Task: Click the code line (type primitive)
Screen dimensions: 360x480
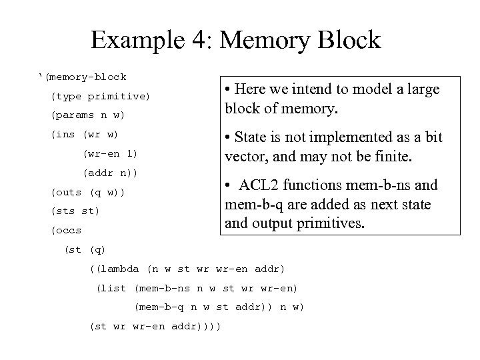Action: point(101,97)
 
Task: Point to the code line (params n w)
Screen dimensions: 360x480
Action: point(88,115)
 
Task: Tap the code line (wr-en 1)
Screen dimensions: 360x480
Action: point(110,154)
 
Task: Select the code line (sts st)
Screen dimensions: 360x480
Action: point(75,211)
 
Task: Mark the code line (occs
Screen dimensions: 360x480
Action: point(66,231)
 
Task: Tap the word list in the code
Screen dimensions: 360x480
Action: point(113,288)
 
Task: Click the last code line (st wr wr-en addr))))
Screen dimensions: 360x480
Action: point(155,326)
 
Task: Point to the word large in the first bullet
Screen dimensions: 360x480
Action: point(422,90)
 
